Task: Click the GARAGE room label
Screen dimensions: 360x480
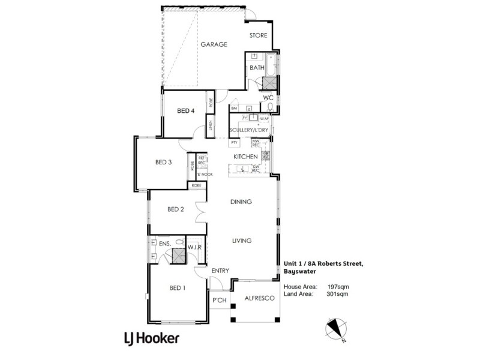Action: coord(214,44)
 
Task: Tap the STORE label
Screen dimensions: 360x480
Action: coord(259,35)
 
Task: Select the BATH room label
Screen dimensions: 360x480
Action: coord(257,68)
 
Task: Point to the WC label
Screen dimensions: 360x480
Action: coord(268,97)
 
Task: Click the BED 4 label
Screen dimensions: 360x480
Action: coord(186,111)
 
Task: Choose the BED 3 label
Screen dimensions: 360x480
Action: coord(164,162)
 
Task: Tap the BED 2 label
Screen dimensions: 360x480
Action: coord(175,209)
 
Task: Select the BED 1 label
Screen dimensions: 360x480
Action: coord(177,288)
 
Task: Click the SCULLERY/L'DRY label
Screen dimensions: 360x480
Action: coord(248,130)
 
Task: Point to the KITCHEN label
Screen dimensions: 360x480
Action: coord(245,157)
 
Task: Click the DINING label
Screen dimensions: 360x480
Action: coord(241,202)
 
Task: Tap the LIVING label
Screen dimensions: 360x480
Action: coord(241,241)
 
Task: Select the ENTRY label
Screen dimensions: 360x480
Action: coord(220,271)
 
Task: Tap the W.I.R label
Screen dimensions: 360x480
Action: coord(194,246)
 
